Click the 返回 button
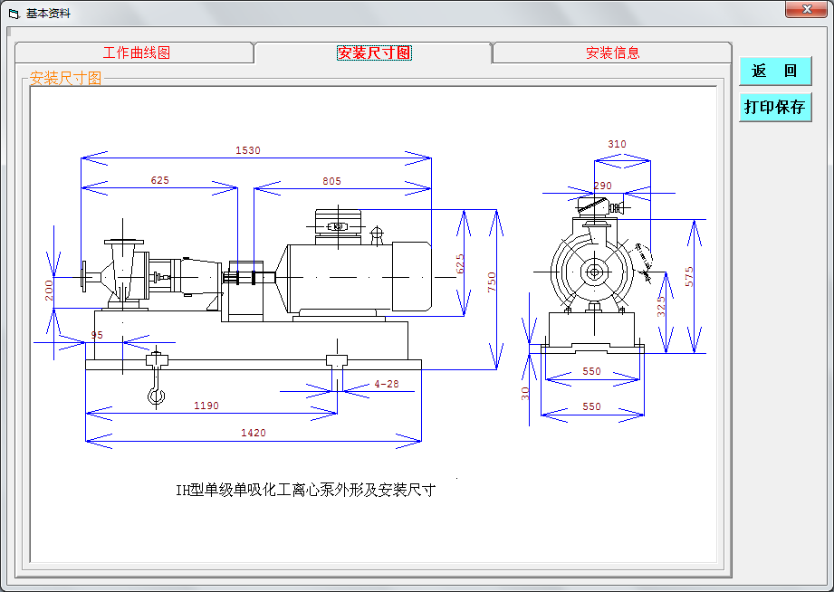(775, 71)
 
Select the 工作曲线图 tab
(136, 53)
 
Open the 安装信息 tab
(612, 53)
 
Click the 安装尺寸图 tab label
(375, 53)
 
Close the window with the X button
(806, 9)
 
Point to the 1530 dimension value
(248, 150)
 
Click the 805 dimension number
(331, 181)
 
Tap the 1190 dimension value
(206, 406)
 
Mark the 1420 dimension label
(254, 433)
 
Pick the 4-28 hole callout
(386, 384)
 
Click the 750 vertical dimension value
(492, 282)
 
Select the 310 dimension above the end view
(617, 144)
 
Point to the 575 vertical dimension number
(689, 277)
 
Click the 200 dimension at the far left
(48, 291)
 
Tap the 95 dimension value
(97, 335)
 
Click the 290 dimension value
(602, 186)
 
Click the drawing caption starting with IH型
(306, 490)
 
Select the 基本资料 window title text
(48, 14)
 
